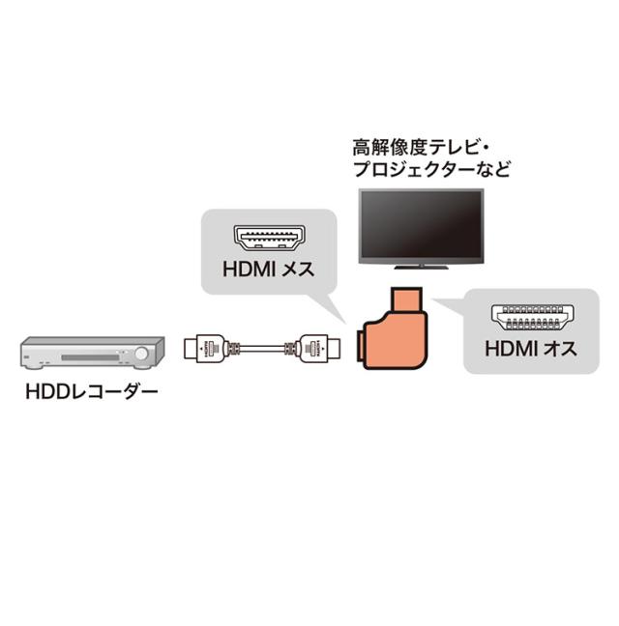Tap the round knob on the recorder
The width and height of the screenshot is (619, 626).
(141, 356)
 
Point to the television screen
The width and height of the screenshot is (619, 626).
(422, 224)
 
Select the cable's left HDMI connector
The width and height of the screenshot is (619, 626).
(211, 347)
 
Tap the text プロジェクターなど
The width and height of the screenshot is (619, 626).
(431, 170)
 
